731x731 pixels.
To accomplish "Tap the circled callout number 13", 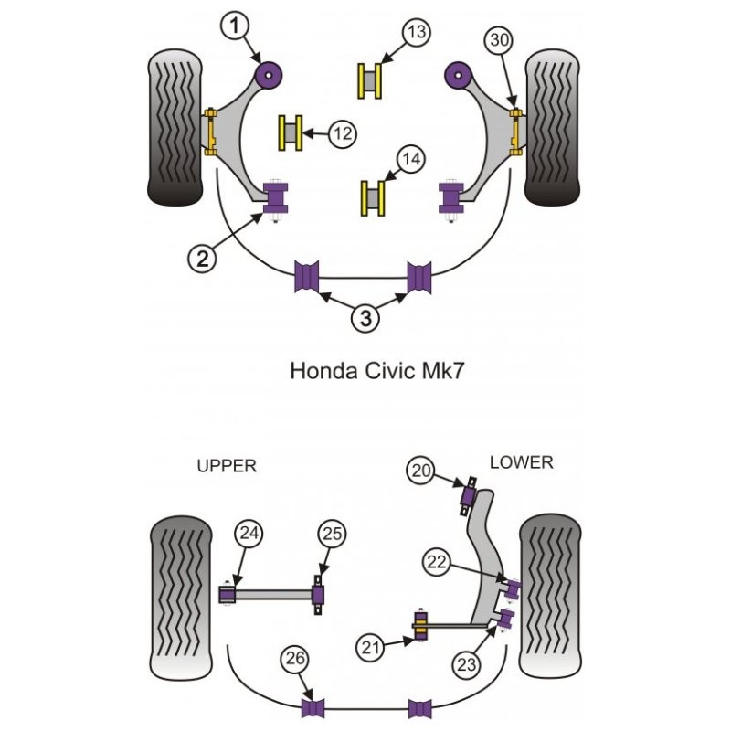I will pyautogui.click(x=417, y=34).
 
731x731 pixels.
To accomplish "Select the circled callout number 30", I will pyautogui.click(x=501, y=41).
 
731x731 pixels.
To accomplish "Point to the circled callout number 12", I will pyautogui.click(x=342, y=133).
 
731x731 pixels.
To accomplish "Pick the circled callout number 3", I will pyautogui.click(x=365, y=318).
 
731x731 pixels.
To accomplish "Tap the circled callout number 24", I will pyautogui.click(x=249, y=533).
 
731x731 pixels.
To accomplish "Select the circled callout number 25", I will pyautogui.click(x=332, y=534).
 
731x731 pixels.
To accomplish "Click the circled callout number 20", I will pyautogui.click(x=419, y=471).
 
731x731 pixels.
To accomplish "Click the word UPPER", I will pyautogui.click(x=227, y=465).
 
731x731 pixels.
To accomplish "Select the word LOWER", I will pyautogui.click(x=521, y=462).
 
